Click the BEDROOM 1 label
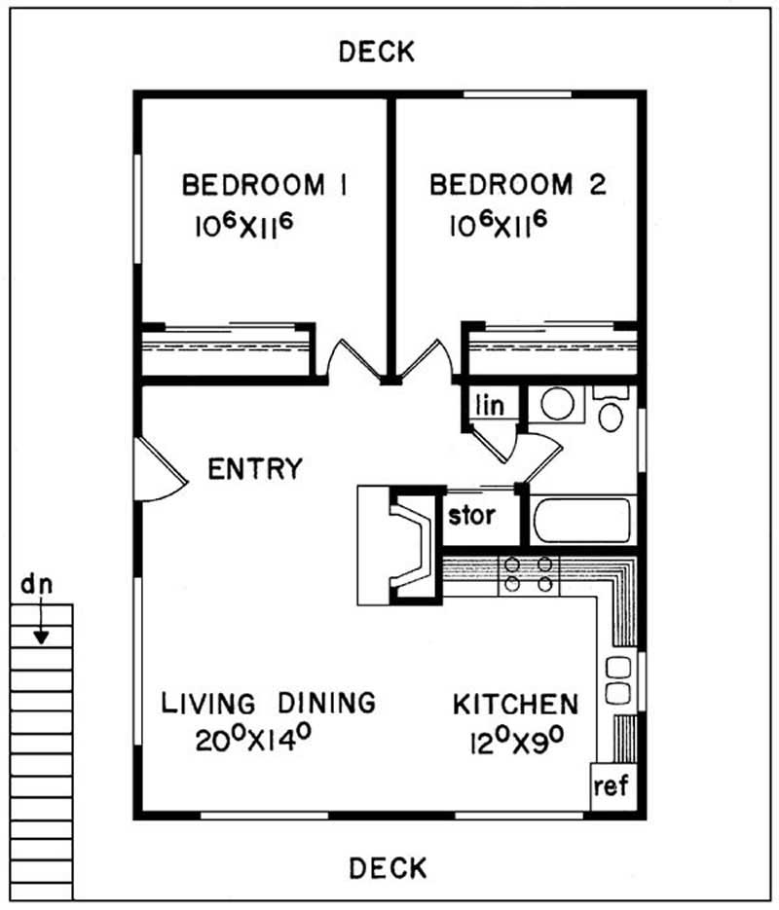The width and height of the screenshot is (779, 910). pyautogui.click(x=265, y=185)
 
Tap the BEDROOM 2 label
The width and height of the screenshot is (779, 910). pyautogui.click(x=518, y=185)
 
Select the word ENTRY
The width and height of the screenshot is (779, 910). pyautogui.click(x=255, y=468)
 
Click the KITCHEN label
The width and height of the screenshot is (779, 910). pyautogui.click(x=515, y=704)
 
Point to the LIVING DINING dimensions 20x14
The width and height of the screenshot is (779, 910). pyautogui.click(x=253, y=739)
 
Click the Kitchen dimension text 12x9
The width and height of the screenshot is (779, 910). pyautogui.click(x=517, y=741)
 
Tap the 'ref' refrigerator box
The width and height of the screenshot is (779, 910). pyautogui.click(x=612, y=786)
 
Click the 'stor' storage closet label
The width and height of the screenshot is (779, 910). pyautogui.click(x=471, y=515)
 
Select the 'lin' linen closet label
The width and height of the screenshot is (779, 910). pyautogui.click(x=490, y=405)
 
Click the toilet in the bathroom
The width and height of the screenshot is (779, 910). pyautogui.click(x=611, y=409)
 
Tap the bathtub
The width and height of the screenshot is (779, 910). pyautogui.click(x=580, y=520)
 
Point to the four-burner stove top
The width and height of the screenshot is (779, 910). pyautogui.click(x=528, y=574)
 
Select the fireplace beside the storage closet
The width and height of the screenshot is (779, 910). pyautogui.click(x=400, y=546)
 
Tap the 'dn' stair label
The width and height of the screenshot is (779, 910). pyautogui.click(x=37, y=584)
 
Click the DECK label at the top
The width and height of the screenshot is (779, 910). pyautogui.click(x=377, y=52)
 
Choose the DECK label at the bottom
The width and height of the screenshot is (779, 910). pyautogui.click(x=388, y=868)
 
